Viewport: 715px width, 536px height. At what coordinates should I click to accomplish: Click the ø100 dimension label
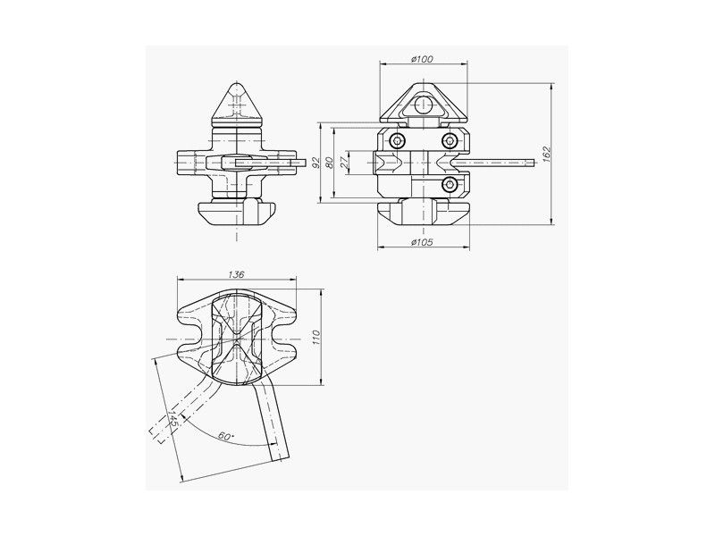tap(422, 59)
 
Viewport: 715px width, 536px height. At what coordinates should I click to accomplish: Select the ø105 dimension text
tap(422, 242)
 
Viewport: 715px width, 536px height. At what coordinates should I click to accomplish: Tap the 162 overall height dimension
tap(547, 154)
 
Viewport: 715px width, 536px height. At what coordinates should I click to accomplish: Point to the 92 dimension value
tap(315, 163)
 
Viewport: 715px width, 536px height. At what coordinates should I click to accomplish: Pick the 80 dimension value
tap(330, 163)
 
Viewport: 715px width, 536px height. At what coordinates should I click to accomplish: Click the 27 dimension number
tap(344, 162)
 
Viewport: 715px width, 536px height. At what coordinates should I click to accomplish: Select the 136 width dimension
tap(236, 274)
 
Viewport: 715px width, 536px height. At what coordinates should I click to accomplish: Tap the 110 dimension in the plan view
tap(317, 337)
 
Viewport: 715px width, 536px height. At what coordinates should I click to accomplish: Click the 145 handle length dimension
tap(173, 418)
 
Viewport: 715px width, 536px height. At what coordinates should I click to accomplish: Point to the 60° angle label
tap(226, 436)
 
